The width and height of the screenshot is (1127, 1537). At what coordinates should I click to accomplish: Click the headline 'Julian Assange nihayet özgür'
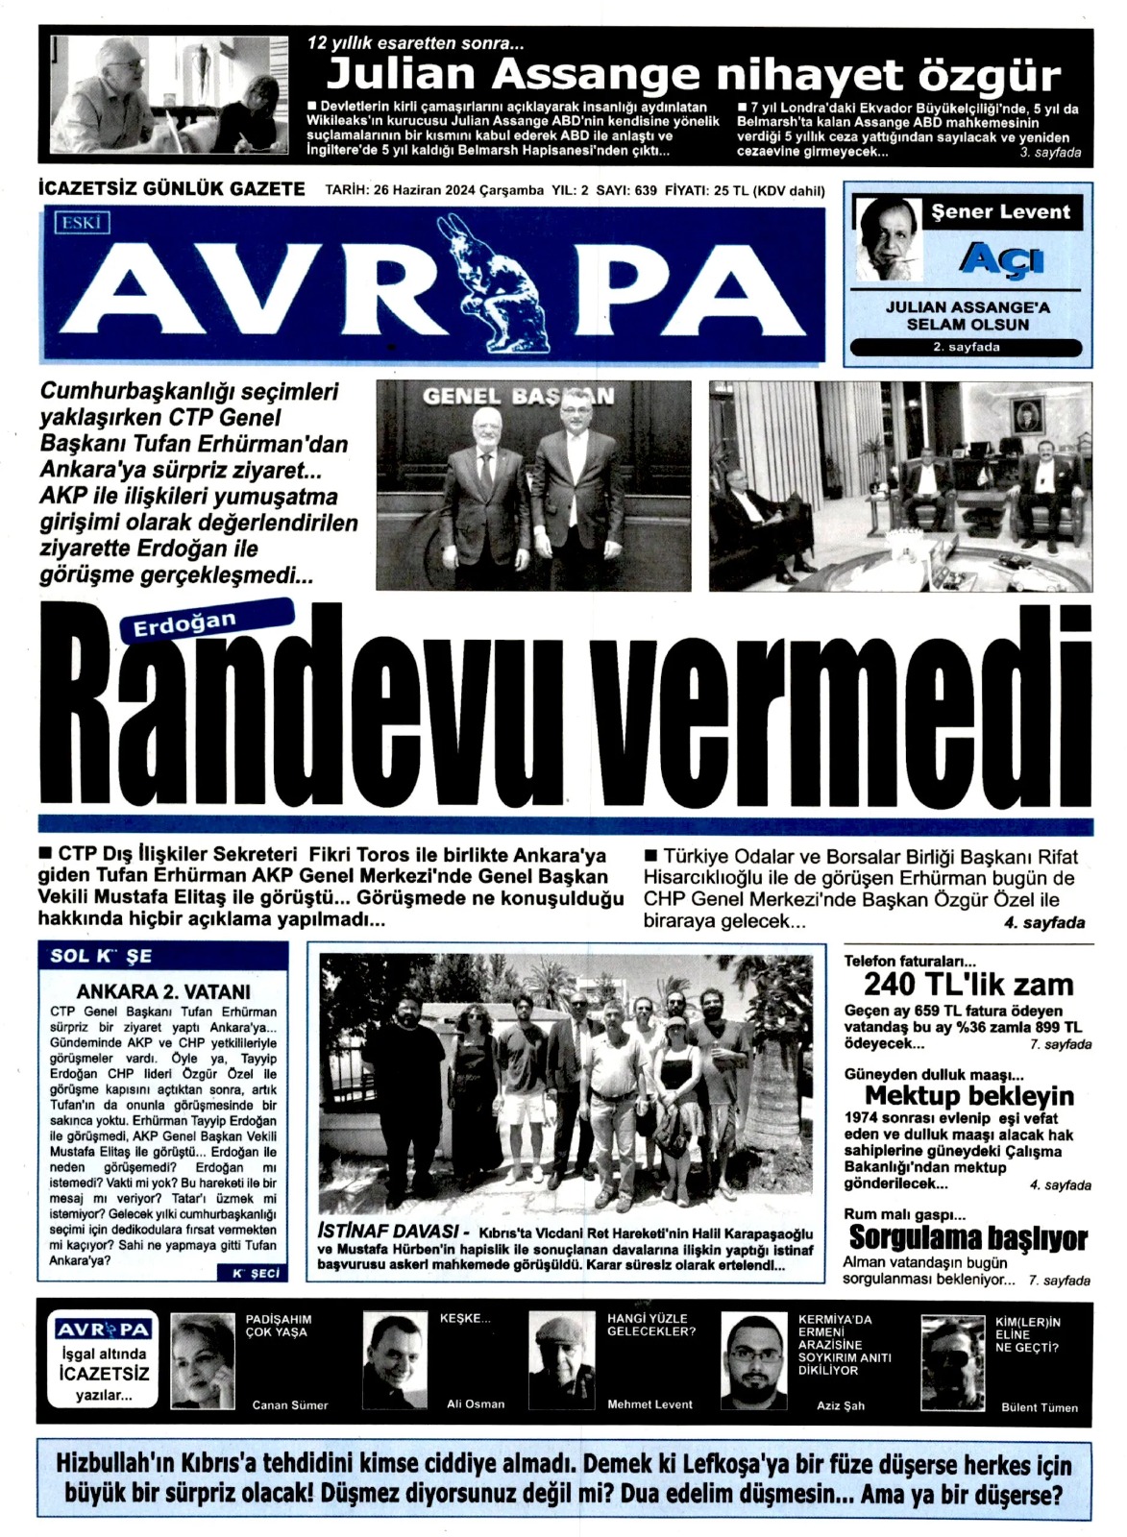[694, 75]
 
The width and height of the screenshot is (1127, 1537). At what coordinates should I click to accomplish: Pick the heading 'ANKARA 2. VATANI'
[163, 991]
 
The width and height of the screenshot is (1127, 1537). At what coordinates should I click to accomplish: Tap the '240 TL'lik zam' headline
[968, 984]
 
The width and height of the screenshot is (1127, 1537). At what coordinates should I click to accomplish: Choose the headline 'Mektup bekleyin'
[968, 1095]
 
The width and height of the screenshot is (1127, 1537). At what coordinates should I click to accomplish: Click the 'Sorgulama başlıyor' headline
[968, 1238]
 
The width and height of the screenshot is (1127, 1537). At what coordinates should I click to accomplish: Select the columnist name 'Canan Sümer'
[290, 1404]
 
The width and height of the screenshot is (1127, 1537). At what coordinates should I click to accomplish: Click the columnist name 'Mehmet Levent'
[649, 1404]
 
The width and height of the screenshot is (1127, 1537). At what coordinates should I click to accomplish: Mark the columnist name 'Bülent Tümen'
[1040, 1407]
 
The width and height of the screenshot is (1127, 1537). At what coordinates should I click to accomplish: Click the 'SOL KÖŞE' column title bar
[163, 956]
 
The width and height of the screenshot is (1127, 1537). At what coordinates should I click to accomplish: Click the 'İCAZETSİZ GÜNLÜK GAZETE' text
[171, 189]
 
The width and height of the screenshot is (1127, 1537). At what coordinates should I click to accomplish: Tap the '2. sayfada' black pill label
[967, 347]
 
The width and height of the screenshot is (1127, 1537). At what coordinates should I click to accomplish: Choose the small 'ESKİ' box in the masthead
[84, 224]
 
